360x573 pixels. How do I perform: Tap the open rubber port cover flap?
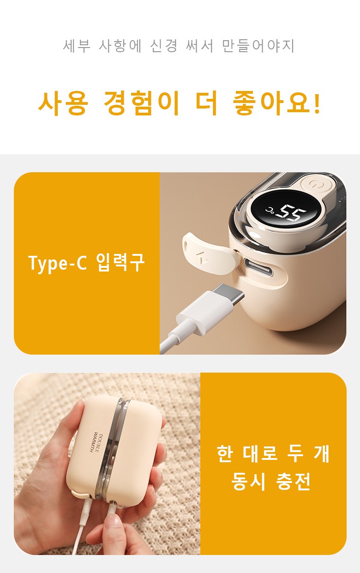pyautogui.click(x=210, y=253)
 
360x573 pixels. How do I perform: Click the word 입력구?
pyautogui.click(x=120, y=262)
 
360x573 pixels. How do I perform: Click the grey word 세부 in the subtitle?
pyautogui.click(x=77, y=46)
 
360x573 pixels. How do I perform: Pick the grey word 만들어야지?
pyautogui.click(x=258, y=46)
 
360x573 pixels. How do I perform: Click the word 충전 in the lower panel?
pyautogui.click(x=293, y=481)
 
